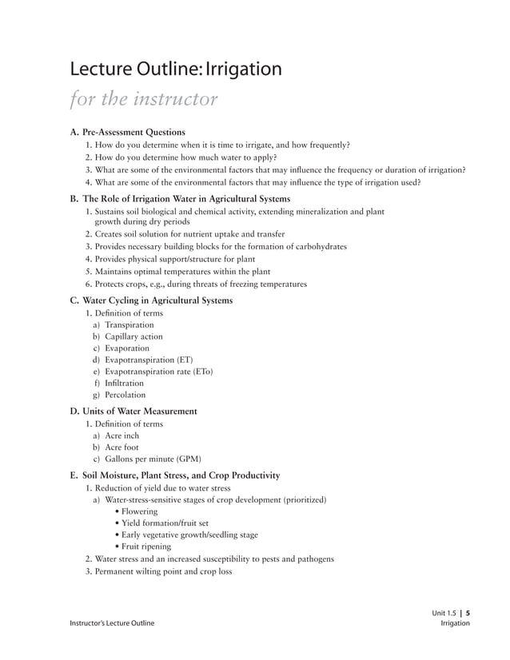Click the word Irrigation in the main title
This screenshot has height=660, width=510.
coord(244,70)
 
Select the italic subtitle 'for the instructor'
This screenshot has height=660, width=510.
coord(144,101)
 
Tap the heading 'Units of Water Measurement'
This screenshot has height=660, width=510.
coord(140,412)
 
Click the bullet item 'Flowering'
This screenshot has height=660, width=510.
coord(139,511)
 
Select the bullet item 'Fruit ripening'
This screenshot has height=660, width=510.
coord(145,547)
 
